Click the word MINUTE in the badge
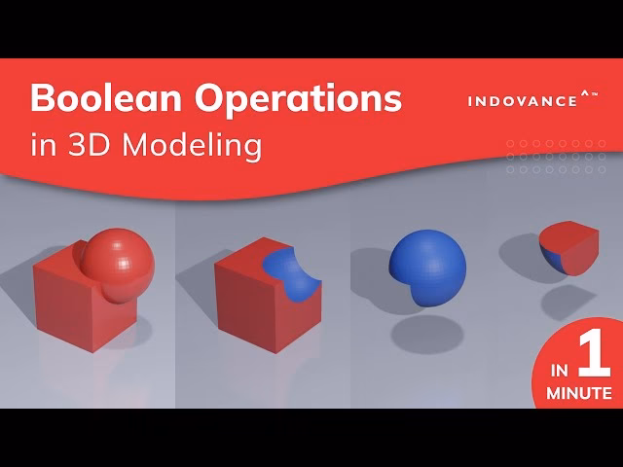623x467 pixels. click(579, 393)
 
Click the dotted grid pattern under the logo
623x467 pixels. click(556, 156)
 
